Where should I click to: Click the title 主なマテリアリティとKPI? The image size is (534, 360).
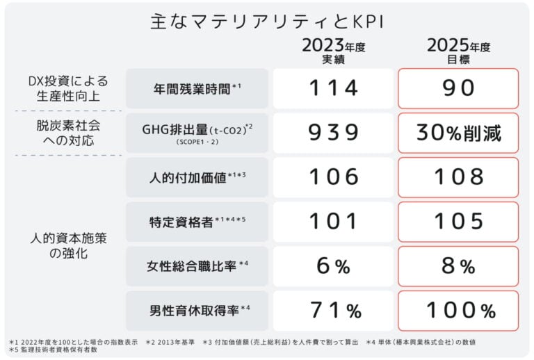click(267, 21)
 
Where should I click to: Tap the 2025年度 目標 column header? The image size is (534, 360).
click(459, 52)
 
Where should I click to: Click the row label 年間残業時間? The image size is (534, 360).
click(197, 88)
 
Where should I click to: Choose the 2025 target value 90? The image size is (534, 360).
click(459, 88)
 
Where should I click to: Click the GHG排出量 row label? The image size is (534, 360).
click(197, 132)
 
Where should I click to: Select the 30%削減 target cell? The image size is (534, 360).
click(459, 132)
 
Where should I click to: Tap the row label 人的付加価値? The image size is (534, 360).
click(197, 177)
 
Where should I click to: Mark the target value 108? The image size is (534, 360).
click(459, 177)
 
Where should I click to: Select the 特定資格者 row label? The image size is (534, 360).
click(197, 222)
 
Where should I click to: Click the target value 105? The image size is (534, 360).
click(459, 222)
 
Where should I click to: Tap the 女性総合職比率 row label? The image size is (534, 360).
click(197, 265)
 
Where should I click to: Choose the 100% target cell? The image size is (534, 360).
click(459, 310)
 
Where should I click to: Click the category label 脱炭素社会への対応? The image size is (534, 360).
click(68, 133)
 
